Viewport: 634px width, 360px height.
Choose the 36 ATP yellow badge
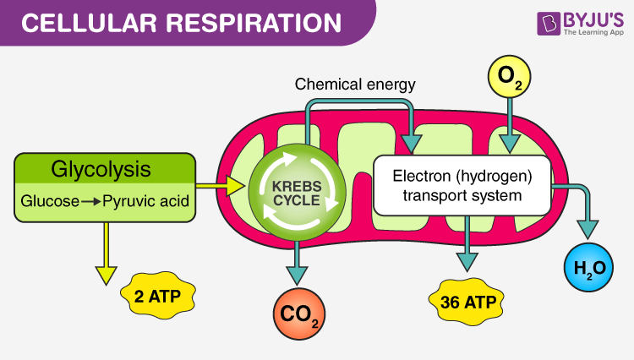coord(467,300)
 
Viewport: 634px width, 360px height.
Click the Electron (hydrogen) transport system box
coord(462,184)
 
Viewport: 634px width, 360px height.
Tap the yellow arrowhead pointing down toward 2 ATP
coord(106,274)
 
